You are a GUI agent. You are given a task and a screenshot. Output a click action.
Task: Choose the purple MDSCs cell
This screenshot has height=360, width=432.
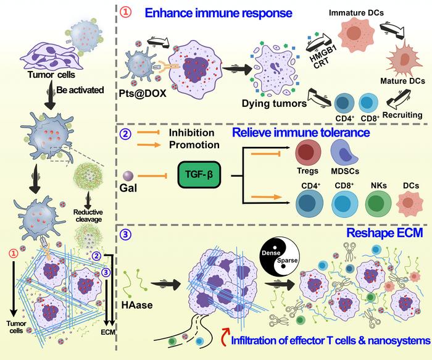345,152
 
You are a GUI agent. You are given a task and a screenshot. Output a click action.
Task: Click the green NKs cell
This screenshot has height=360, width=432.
374,203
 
